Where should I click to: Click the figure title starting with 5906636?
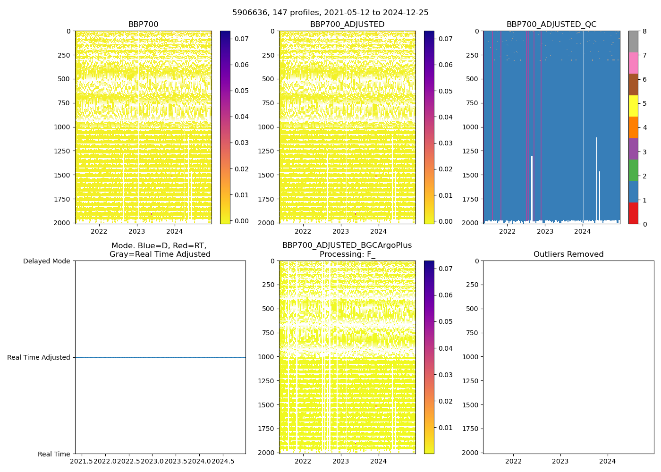(x=330, y=13)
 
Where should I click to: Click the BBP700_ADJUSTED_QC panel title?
(x=551, y=25)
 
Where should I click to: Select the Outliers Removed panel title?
(x=568, y=254)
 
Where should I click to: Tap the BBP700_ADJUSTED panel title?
(x=347, y=25)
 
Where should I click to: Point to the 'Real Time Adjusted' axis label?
(x=38, y=357)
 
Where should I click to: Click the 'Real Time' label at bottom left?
(x=54, y=454)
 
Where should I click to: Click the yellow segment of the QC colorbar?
(x=633, y=106)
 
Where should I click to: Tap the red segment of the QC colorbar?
(x=633, y=213)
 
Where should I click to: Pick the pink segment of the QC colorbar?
(x=633, y=63)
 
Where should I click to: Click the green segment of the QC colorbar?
(x=633, y=170)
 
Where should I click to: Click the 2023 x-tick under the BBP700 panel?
(x=137, y=231)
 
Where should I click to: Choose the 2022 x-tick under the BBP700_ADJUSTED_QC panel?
(x=507, y=231)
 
